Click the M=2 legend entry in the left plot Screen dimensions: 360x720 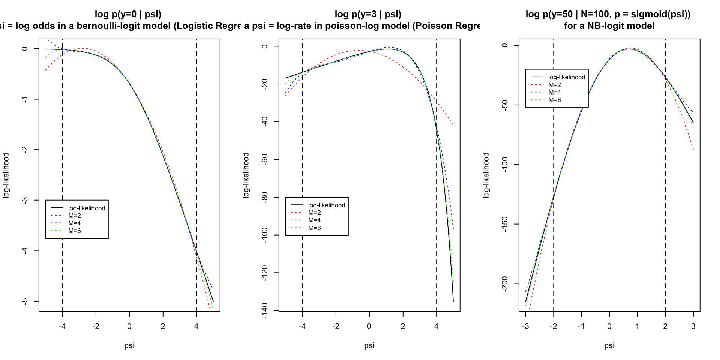[x=74, y=216]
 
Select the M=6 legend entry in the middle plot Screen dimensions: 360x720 [x=314, y=228]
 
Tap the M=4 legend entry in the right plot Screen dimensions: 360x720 [x=554, y=92]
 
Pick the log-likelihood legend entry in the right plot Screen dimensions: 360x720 [x=566, y=77]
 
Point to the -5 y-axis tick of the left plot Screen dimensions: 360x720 [x=25, y=301]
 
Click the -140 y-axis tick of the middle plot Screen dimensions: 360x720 [x=265, y=310]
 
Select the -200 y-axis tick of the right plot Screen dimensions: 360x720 [x=505, y=283]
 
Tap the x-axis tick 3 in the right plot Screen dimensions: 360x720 [x=693, y=326]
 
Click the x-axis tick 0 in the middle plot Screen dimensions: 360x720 [x=369, y=326]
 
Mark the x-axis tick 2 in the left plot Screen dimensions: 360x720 [x=163, y=326]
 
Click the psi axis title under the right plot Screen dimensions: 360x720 [x=609, y=345]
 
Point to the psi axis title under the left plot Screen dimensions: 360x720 [x=129, y=345]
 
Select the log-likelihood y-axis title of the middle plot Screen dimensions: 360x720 [x=246, y=175]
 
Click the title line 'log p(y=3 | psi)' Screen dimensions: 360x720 [x=368, y=14]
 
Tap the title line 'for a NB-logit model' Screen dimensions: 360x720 [x=609, y=26]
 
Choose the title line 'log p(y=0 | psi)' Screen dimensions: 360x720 [x=128, y=14]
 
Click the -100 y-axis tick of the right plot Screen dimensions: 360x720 [x=505, y=165]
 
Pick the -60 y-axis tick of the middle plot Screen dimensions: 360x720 [x=265, y=159]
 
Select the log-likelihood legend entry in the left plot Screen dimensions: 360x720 [x=86, y=208]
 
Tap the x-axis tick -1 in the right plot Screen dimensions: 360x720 [x=581, y=326]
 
